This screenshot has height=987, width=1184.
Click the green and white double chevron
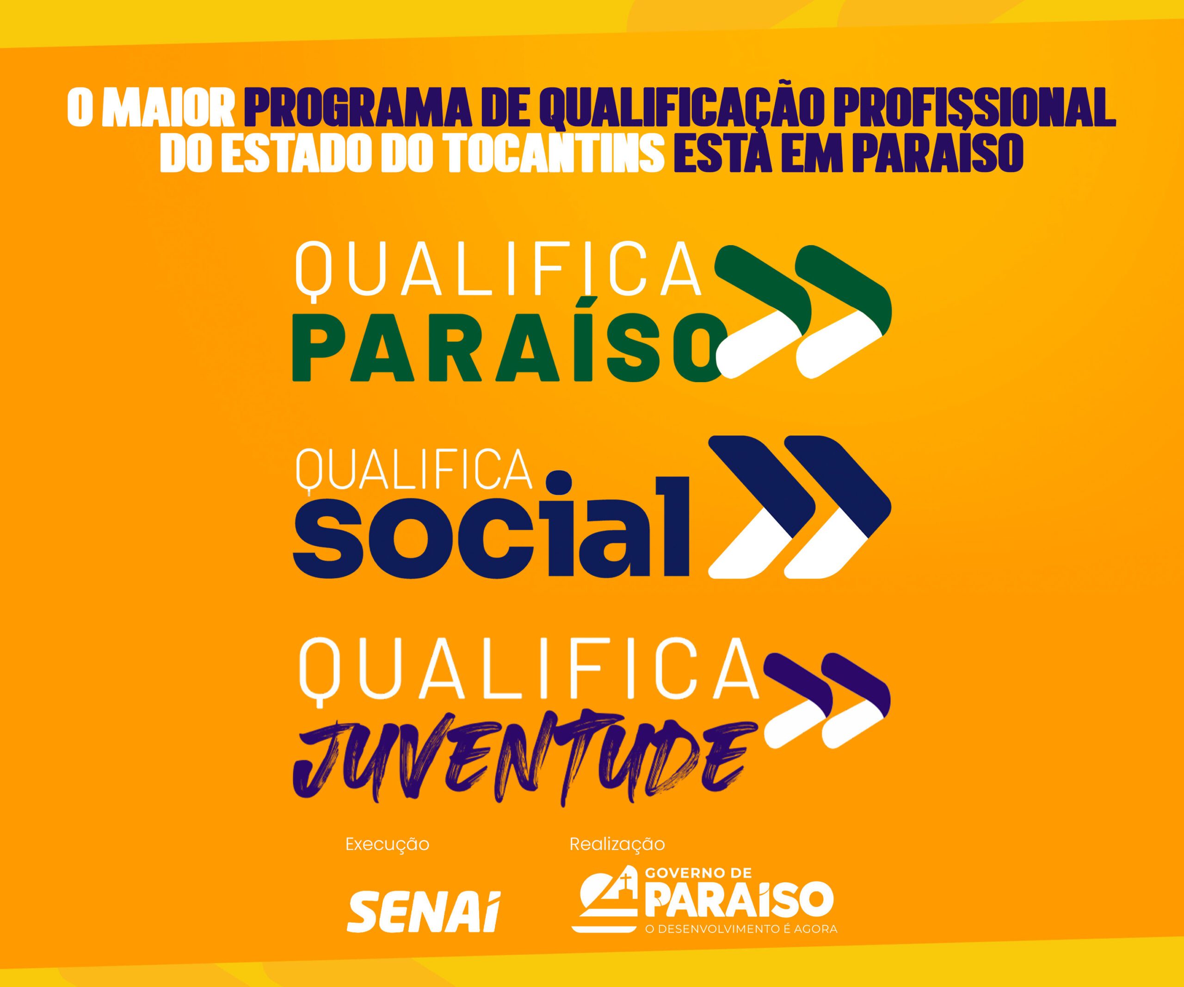pos(803,311)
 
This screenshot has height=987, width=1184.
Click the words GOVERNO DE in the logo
pos(697,889)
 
